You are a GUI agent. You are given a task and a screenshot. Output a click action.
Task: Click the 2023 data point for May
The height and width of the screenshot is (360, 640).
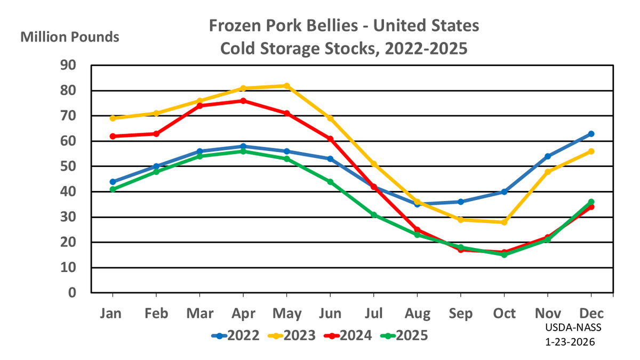287,86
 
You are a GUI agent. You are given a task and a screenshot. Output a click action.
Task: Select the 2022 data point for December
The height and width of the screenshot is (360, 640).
591,134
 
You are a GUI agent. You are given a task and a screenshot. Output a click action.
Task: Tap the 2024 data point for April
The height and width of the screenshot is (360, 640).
243,101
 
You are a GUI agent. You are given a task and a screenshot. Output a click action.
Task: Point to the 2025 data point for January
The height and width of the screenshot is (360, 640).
113,189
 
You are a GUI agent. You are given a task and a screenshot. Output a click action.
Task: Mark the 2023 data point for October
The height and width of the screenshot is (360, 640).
504,222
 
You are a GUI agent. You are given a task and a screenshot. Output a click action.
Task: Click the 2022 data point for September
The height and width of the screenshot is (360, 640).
460,202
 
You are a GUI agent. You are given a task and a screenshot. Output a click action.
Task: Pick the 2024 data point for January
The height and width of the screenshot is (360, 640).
113,136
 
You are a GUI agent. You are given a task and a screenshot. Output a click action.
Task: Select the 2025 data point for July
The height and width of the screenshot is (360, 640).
374,215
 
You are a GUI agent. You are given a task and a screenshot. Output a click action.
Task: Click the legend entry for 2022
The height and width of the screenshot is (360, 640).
235,335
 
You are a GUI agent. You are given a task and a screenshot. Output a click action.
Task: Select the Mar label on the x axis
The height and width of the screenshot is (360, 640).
199,314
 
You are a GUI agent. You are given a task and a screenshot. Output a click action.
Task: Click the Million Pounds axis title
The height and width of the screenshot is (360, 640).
69,37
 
